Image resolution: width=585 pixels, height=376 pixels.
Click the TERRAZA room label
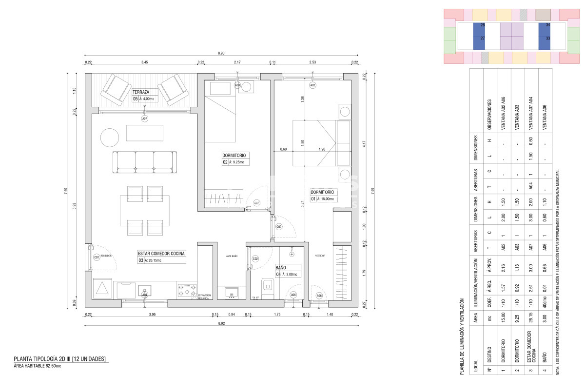140,92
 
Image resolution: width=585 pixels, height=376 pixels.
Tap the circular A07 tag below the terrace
145,119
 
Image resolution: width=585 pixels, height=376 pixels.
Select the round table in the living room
110,138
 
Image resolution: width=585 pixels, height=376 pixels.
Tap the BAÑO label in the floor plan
281,268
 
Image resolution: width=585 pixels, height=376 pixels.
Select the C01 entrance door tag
97,257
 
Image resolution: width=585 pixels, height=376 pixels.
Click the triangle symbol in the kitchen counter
103,288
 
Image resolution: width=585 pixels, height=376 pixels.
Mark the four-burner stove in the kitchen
187,290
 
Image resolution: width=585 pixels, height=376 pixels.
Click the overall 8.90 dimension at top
221,53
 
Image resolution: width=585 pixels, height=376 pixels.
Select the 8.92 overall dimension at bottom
221,323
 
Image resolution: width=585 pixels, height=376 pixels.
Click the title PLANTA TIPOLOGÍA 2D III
59,359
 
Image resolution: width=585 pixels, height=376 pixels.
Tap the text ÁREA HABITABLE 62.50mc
38,366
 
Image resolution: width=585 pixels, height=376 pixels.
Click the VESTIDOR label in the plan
320,256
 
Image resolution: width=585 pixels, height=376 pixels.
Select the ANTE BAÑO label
232,256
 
